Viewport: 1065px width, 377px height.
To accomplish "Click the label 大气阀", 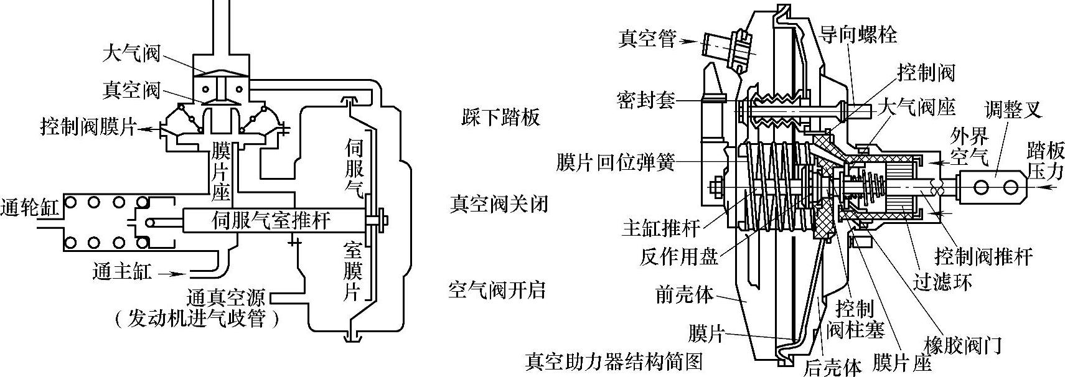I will click(x=131, y=54).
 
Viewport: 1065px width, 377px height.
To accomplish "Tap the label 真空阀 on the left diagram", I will click(x=131, y=90).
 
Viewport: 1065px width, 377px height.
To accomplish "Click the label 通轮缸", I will click(x=30, y=207).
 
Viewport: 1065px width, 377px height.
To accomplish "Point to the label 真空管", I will click(x=647, y=39).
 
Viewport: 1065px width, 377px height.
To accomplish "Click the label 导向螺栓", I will click(x=858, y=34).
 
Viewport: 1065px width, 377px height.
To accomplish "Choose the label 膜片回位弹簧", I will click(x=616, y=163).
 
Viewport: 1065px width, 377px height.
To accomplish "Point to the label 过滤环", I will click(x=942, y=283).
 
